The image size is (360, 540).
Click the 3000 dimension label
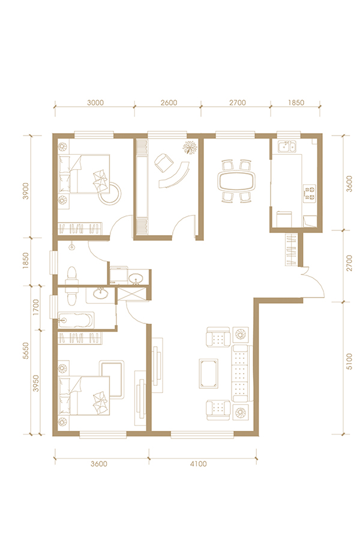click(95, 103)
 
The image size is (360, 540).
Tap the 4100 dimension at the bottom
click(199, 464)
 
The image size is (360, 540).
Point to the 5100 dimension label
click(349, 361)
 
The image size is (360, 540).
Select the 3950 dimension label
click(36, 383)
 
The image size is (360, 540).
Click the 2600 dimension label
click(169, 103)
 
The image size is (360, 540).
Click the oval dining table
click(237, 181)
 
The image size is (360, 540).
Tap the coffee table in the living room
click(208, 373)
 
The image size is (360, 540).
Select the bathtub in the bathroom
click(76, 320)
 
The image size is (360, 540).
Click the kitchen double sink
click(287, 147)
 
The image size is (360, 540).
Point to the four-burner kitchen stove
click(310, 193)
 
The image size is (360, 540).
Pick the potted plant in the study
click(190, 148)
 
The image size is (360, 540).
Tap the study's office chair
click(164, 162)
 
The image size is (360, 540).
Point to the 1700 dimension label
click(36, 308)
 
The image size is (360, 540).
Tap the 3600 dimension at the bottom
click(99, 464)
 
